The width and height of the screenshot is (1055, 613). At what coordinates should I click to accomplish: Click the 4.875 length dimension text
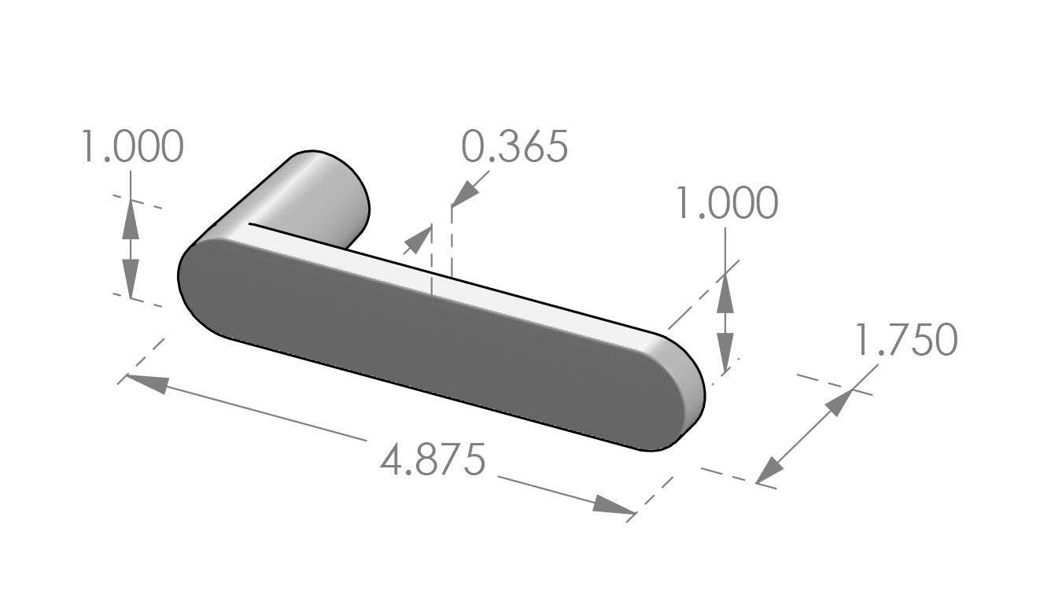(x=432, y=460)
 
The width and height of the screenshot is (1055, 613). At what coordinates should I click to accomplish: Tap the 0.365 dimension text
(x=515, y=147)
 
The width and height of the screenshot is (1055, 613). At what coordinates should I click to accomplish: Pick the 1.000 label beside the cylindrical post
(x=132, y=147)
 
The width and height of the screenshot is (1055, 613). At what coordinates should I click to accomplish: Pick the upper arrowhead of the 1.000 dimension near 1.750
(x=725, y=290)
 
